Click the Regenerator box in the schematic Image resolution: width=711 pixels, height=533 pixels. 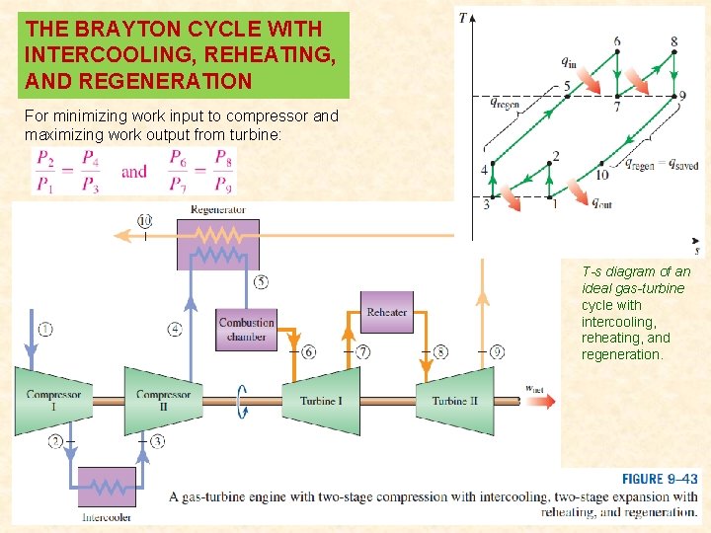point(217,243)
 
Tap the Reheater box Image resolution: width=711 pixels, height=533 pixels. point(386,313)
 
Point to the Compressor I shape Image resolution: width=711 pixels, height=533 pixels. point(53,400)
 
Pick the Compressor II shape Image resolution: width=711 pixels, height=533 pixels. point(163,400)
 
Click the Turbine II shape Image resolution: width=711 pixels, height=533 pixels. point(454,400)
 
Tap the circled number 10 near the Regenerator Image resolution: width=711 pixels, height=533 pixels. point(145,220)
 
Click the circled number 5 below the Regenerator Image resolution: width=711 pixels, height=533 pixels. point(261,282)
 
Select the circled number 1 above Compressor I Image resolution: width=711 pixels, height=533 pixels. point(45,329)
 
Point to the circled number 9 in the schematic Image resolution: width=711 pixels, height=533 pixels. point(497,351)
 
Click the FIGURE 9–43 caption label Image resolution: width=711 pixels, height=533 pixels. point(659,479)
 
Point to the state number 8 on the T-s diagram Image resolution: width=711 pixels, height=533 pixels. point(673,41)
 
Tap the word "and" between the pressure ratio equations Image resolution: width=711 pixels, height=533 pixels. point(134,171)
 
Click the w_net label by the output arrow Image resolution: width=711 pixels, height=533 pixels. point(534,389)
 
